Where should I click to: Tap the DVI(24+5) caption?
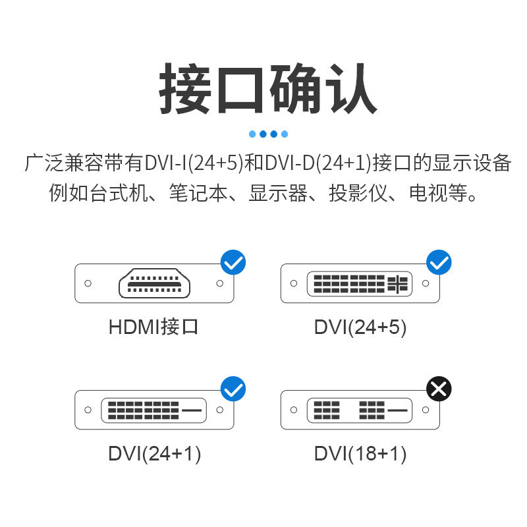coord(360,326)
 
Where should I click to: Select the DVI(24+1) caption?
coord(154,453)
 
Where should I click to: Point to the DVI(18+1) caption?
coord(360,453)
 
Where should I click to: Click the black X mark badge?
coord(439,389)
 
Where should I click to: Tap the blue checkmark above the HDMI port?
coord(233,262)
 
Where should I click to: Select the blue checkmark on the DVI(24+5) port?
coord(439,262)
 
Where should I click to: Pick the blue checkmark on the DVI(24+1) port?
coord(233,389)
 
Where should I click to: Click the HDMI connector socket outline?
coord(154,284)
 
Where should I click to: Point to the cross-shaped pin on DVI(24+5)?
coord(398,284)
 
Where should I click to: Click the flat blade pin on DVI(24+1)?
coord(192,410)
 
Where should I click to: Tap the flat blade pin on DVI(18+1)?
coord(398,410)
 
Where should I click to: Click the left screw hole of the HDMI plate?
coord(88,284)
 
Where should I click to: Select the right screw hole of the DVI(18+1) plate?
coord(426,410)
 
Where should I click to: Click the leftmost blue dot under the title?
coord(252,134)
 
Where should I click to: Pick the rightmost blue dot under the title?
coord(285,134)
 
